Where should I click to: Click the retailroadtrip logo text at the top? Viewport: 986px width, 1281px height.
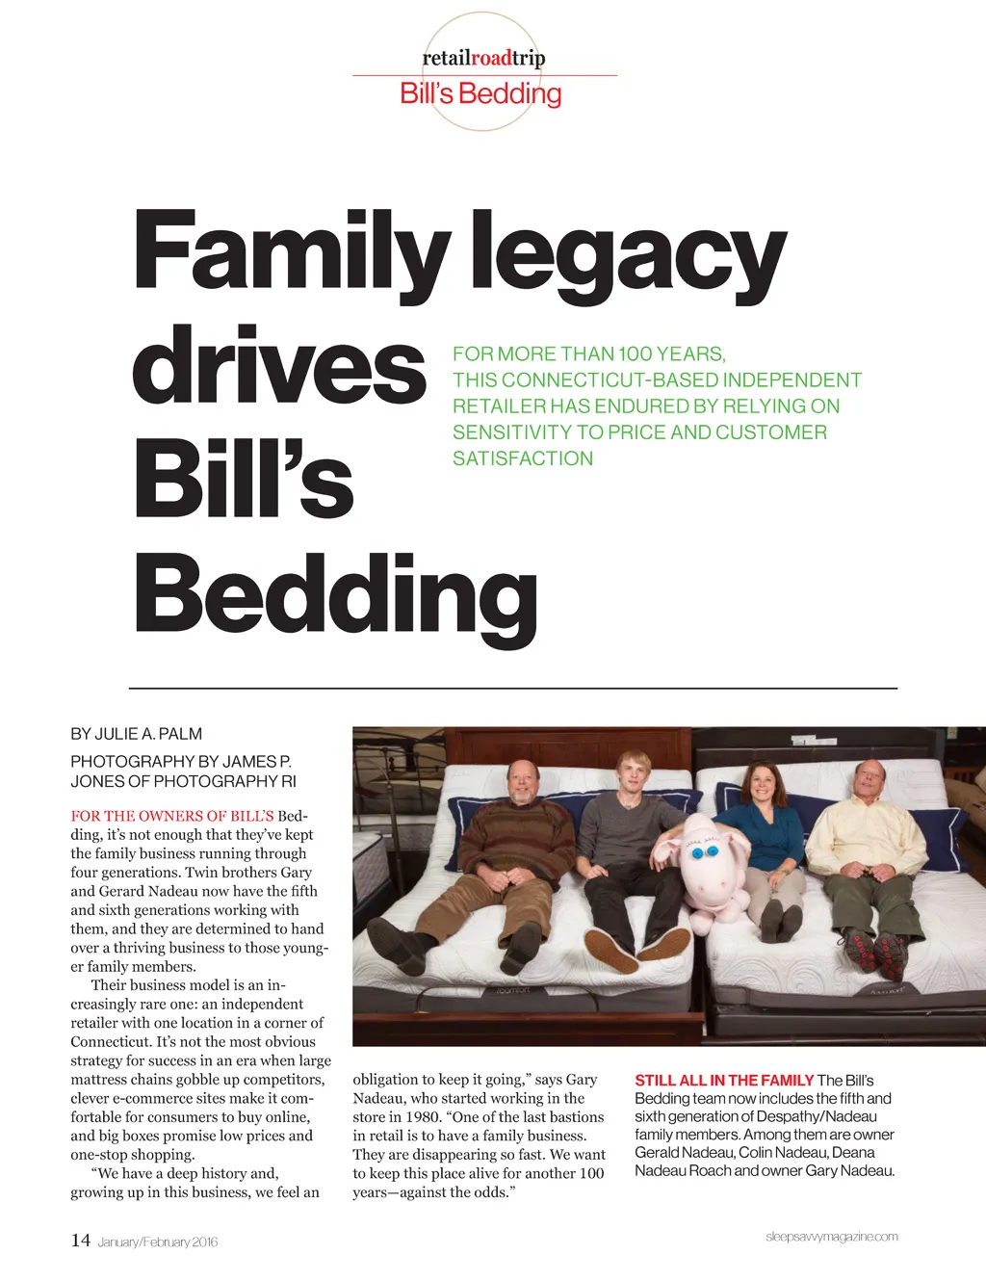tap(483, 59)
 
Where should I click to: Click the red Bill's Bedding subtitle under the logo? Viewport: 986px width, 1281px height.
tap(480, 94)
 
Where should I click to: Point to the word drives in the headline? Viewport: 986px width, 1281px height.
tap(278, 367)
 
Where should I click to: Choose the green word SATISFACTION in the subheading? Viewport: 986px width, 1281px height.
tap(523, 458)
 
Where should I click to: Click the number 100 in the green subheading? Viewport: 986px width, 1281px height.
tap(635, 353)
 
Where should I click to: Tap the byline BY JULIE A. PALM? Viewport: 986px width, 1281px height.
tap(136, 734)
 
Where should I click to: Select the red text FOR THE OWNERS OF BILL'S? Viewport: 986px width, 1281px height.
tap(171, 816)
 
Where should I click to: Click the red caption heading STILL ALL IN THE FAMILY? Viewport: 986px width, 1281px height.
tap(724, 1081)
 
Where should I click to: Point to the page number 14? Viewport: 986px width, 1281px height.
tap(80, 1240)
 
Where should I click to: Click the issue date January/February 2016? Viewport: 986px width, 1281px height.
tap(158, 1242)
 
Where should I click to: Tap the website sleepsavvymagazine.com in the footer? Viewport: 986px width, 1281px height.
tap(832, 1237)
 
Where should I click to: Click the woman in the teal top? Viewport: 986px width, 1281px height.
tap(766, 838)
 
